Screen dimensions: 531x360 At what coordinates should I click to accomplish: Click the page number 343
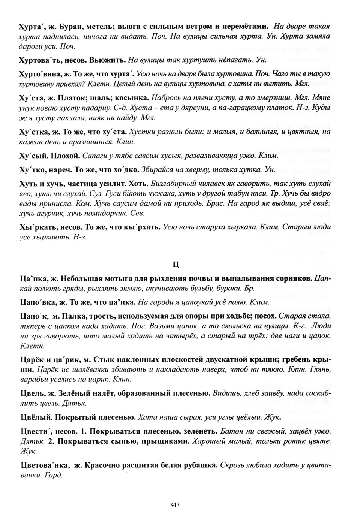[175, 504]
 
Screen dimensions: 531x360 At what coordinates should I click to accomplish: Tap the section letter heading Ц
[175, 264]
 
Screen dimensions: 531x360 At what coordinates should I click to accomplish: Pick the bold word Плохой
[66, 155]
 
